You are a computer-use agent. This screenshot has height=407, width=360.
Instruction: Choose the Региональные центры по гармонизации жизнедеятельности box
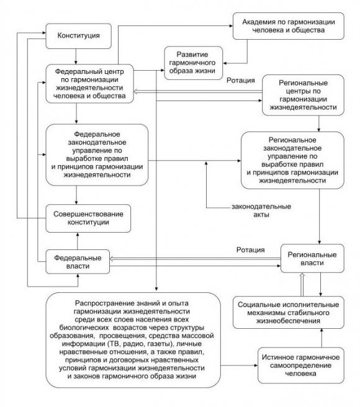(x=300, y=94)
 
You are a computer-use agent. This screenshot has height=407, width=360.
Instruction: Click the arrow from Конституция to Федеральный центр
(x=75, y=56)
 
